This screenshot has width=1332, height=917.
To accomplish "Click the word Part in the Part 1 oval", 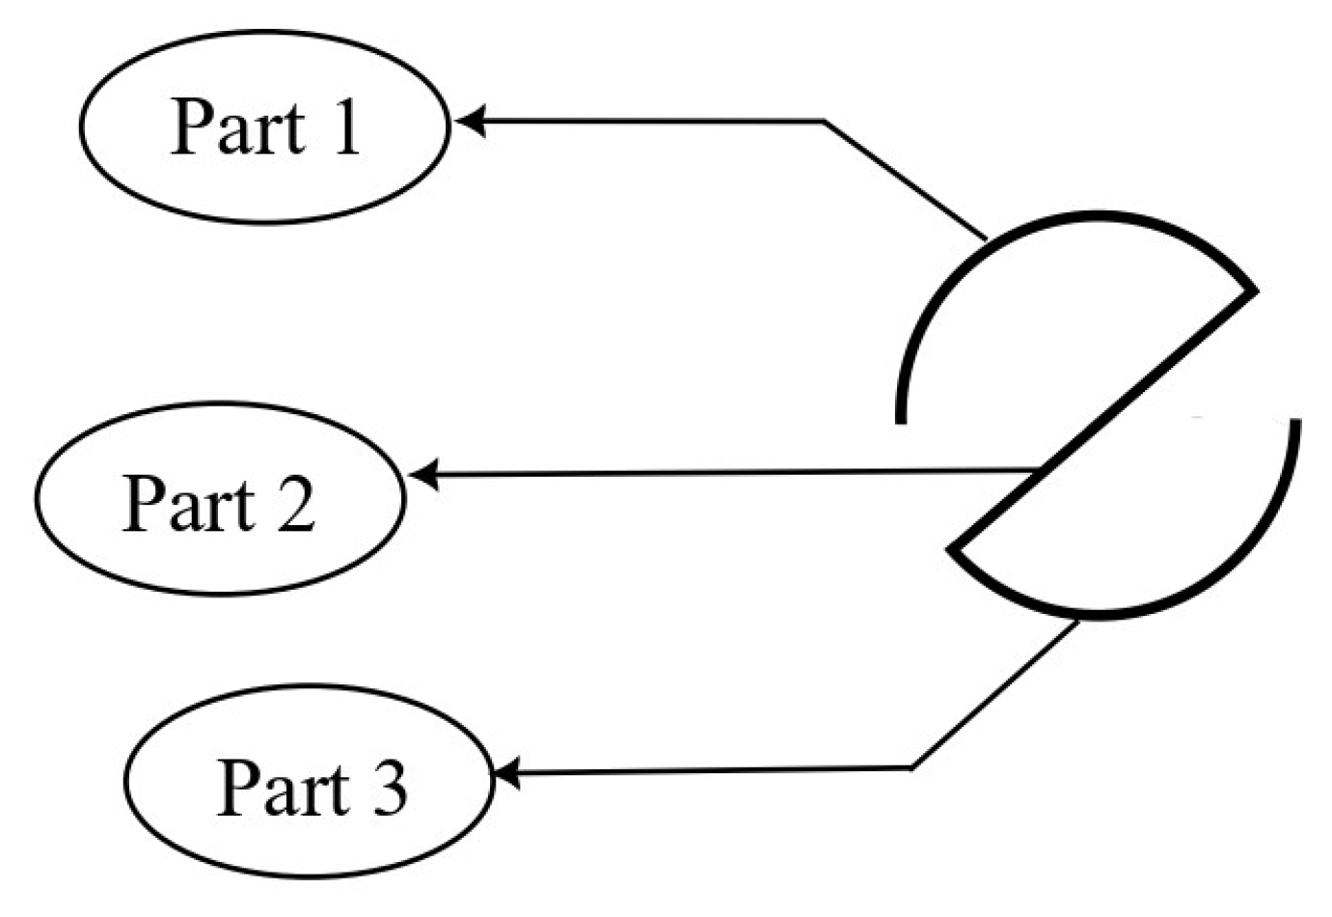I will pos(236,127).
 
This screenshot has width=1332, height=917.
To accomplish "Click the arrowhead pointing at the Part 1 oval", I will pos(467,122).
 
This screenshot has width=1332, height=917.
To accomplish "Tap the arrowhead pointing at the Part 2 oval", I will pos(422,474).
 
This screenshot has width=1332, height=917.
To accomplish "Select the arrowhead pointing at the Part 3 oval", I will pos(505,774).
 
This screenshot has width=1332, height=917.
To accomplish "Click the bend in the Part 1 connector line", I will pos(825,122).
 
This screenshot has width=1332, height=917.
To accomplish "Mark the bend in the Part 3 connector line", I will pos(912,768).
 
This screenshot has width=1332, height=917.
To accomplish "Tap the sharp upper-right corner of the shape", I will pos(1254,289).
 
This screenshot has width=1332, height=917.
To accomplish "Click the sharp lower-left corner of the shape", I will pos(952,549).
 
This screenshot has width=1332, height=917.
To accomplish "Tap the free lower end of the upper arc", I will pos(901,419).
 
